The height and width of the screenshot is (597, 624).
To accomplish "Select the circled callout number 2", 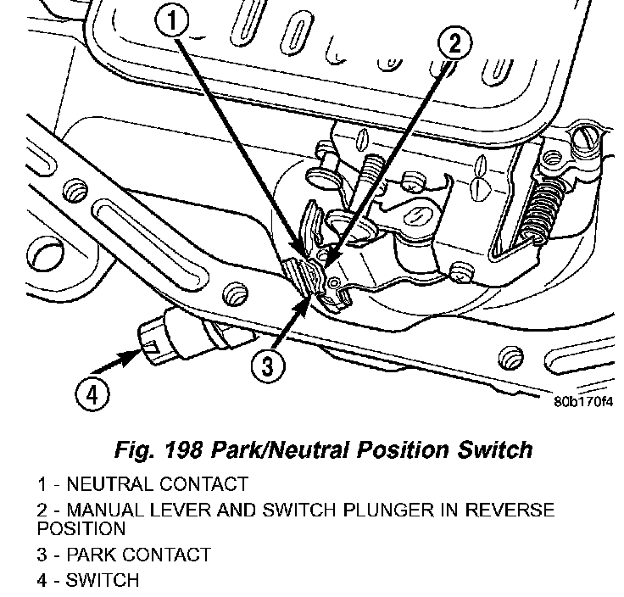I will tap(455, 43).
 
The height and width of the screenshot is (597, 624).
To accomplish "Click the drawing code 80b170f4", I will tap(582, 403).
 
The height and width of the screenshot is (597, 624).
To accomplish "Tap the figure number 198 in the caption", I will tap(190, 449).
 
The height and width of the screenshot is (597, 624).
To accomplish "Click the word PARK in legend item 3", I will tap(90, 555).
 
